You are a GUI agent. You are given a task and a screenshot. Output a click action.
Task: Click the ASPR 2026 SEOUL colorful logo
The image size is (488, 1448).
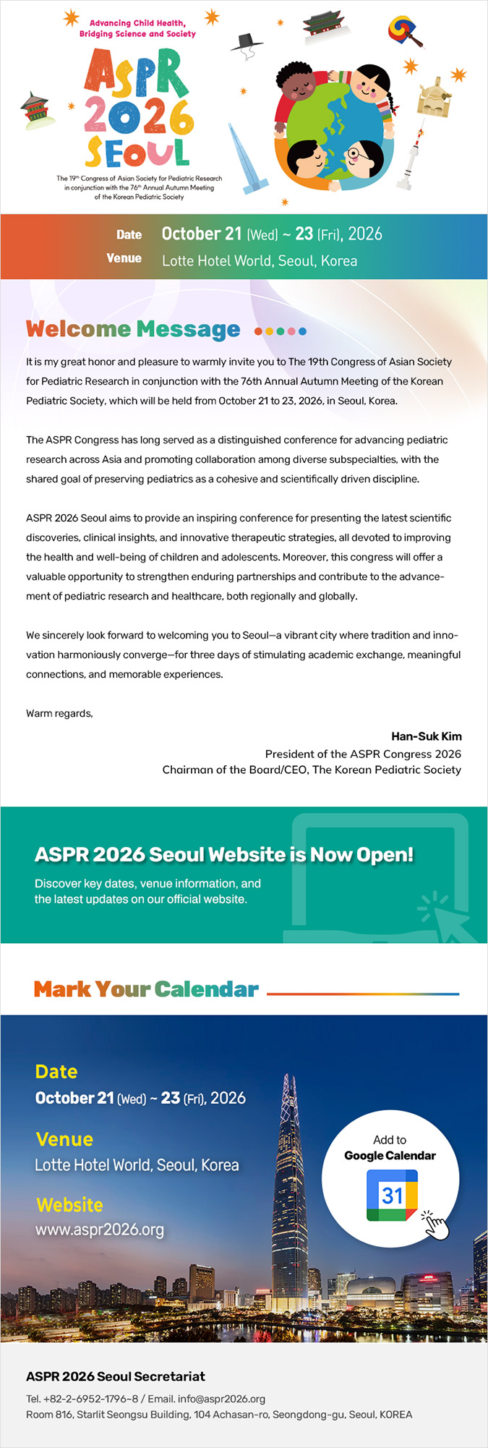137,108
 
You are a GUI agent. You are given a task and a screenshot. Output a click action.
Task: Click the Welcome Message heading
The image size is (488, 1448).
133,330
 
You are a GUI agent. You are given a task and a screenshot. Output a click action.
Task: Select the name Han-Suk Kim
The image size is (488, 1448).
426,736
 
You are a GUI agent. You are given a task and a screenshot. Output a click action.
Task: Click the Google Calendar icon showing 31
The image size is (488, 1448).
391,1194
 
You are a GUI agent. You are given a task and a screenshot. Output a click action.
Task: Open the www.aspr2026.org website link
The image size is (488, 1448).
100,1230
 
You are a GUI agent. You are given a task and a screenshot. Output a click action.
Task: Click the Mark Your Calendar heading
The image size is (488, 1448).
146,989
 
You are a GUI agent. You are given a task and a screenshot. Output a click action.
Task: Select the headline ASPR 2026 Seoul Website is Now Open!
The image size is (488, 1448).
224,854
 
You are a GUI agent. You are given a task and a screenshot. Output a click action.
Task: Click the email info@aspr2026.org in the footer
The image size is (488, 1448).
221,1399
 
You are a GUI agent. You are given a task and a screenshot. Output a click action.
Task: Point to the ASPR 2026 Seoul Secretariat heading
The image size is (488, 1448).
116,1376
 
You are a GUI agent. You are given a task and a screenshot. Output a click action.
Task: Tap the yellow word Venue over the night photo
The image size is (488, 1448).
64,1140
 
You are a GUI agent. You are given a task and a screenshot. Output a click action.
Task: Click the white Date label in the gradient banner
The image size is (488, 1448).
129,234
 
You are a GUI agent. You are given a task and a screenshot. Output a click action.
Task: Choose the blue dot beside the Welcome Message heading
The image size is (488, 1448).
302,331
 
